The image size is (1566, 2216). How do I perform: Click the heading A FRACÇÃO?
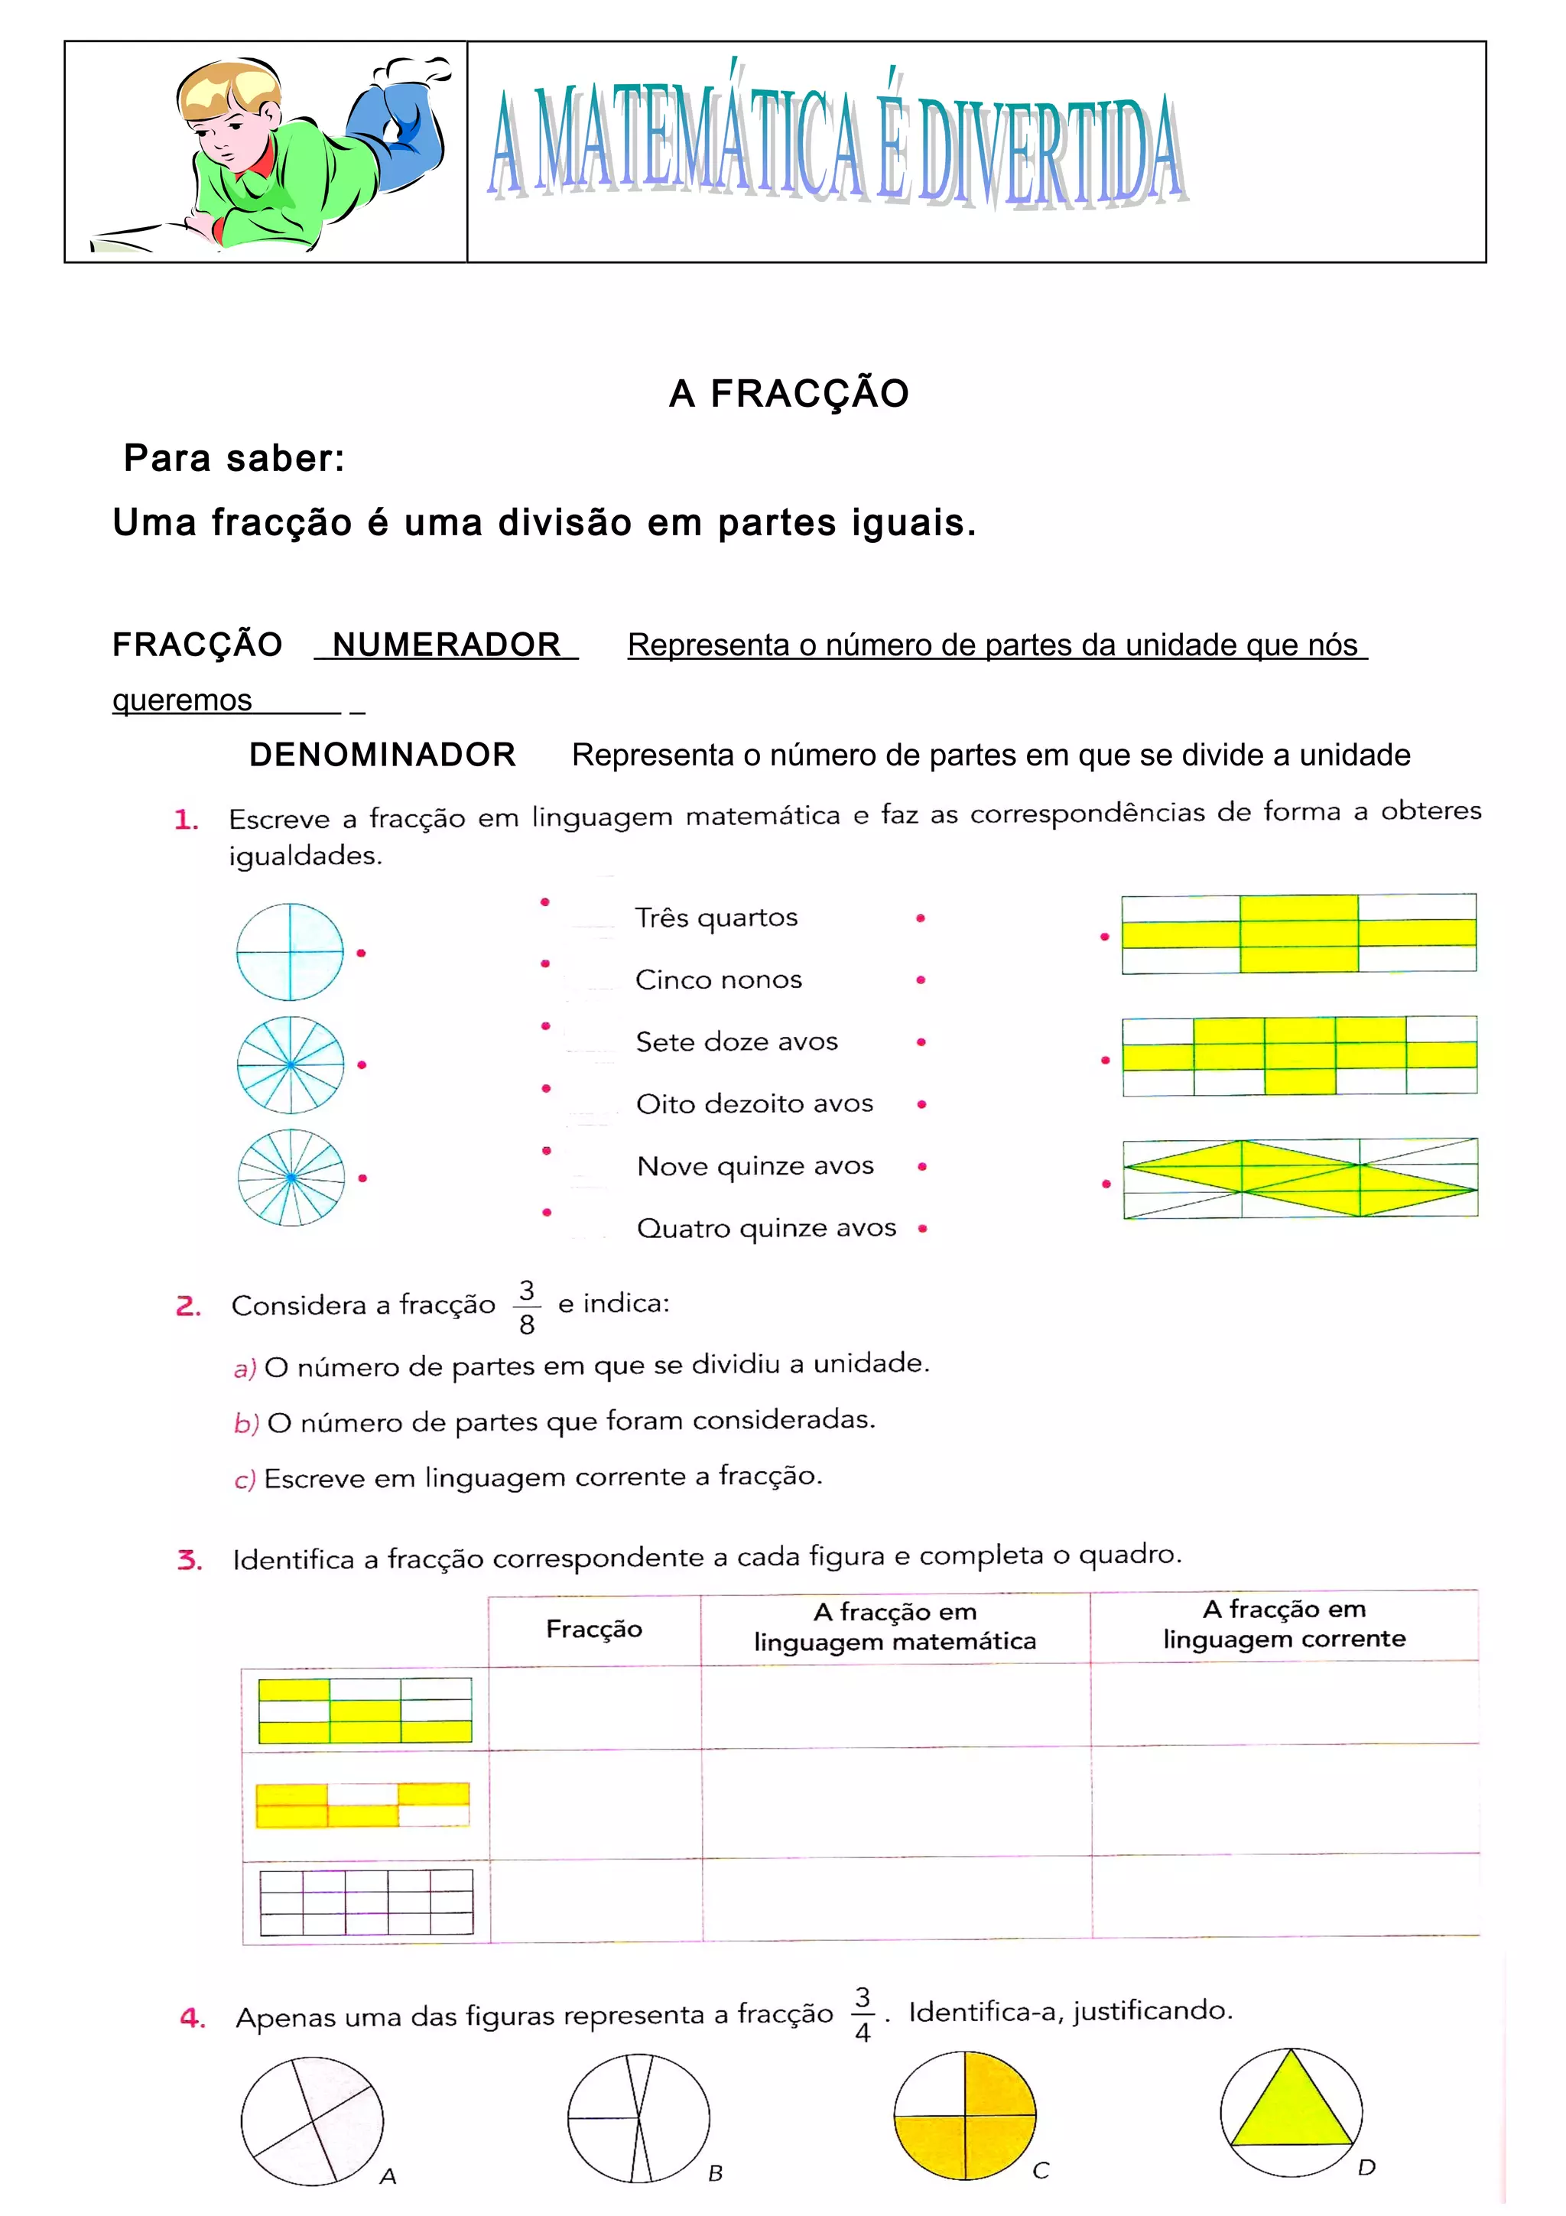[x=788, y=394]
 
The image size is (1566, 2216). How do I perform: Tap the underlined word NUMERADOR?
[x=446, y=645]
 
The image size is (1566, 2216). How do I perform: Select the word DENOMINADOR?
[x=382, y=755]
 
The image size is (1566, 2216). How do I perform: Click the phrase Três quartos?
[x=716, y=917]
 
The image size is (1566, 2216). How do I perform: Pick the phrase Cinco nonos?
[x=718, y=980]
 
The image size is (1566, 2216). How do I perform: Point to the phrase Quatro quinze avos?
[x=766, y=1228]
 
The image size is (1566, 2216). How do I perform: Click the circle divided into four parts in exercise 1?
[x=290, y=952]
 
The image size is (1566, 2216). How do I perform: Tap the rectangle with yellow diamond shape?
[x=1300, y=1178]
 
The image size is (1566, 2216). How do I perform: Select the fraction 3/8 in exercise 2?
[x=527, y=1307]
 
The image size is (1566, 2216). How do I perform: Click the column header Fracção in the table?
[x=593, y=1630]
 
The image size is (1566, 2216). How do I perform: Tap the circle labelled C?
[x=965, y=2116]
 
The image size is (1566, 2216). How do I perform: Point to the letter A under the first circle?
[x=388, y=2176]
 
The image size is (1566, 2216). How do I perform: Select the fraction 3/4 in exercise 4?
[x=863, y=2014]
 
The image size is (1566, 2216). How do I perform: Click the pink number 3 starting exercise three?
[x=188, y=1560]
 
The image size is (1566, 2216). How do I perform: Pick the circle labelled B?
[x=638, y=2117]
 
